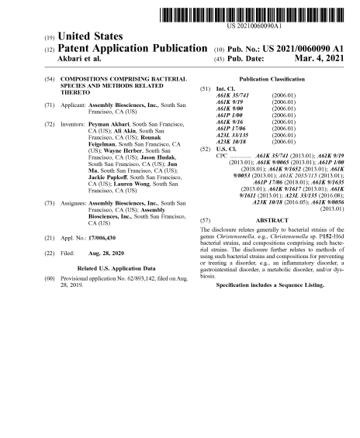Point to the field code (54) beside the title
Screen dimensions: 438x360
pyautogui.click(x=48, y=81)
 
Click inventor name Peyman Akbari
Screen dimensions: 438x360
pyautogui.click(x=105, y=124)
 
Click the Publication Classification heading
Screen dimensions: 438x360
pyautogui.click(x=272, y=80)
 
